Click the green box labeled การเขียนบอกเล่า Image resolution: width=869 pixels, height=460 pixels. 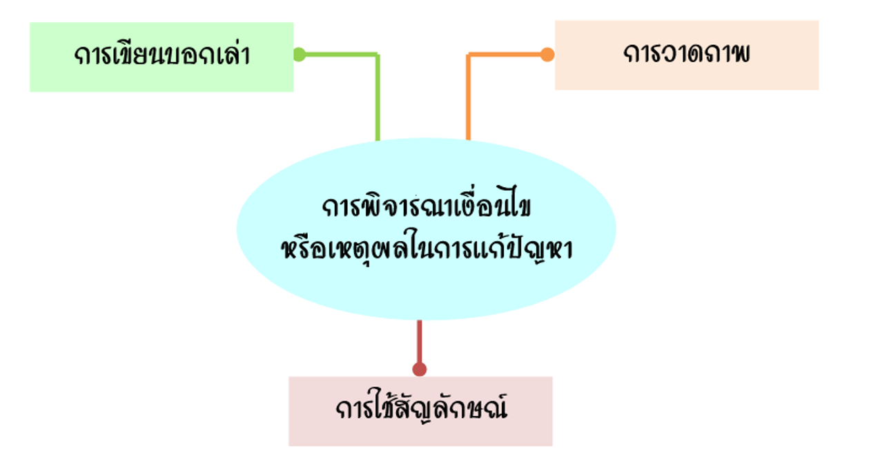(x=162, y=57)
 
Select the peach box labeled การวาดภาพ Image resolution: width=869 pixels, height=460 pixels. (x=687, y=55)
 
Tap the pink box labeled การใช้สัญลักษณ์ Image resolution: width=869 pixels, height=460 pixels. (x=420, y=411)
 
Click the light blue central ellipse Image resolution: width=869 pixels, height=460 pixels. (x=427, y=229)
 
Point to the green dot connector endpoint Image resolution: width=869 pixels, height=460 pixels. (x=299, y=55)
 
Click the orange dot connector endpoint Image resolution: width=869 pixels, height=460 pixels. (x=547, y=55)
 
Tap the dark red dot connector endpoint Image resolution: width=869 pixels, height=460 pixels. (x=420, y=369)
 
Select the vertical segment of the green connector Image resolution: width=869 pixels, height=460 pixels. (x=378, y=97)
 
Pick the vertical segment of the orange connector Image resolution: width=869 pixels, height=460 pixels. (x=468, y=97)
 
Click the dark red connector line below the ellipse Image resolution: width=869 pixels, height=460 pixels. (x=420, y=342)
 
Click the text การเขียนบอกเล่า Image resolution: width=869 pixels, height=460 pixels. (x=162, y=55)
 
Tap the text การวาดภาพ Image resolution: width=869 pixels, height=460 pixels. (x=687, y=54)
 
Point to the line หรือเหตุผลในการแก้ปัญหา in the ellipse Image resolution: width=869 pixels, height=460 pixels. (x=427, y=248)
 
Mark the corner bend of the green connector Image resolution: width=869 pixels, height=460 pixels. (x=378, y=55)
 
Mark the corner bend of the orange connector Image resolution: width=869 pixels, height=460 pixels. (x=468, y=55)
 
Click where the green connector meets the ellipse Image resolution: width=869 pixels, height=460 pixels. (x=378, y=140)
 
